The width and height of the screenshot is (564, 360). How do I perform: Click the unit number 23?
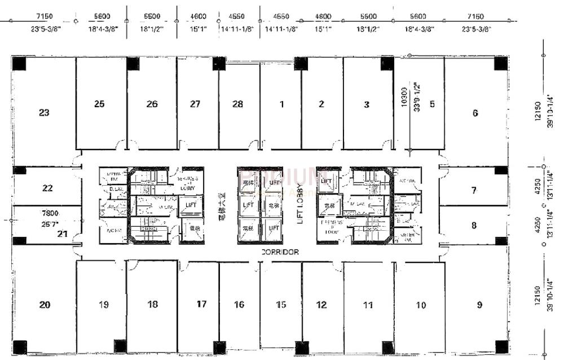tap(44, 113)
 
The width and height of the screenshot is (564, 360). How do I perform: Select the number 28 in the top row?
tap(237, 104)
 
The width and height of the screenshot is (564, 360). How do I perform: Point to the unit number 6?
tap(475, 113)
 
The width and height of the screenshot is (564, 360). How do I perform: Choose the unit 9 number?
tap(479, 305)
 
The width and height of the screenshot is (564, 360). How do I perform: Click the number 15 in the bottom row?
tap(281, 305)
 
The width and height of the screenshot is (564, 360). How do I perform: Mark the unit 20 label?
tap(45, 305)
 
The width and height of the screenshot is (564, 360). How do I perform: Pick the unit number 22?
tap(47, 188)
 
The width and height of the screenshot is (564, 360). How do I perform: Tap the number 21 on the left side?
tap(63, 234)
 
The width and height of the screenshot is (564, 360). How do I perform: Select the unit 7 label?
tap(474, 190)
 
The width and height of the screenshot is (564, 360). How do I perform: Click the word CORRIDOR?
tap(280, 252)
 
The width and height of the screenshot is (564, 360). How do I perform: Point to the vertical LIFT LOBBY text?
tap(301, 206)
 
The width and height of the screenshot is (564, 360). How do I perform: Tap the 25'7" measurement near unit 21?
tap(50, 224)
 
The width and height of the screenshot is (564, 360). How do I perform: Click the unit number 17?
tap(201, 304)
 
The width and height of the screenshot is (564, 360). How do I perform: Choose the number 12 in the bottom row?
tap(321, 305)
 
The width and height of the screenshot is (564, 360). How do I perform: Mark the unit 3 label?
tap(367, 104)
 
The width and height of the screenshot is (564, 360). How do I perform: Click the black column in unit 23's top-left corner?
tap(19, 63)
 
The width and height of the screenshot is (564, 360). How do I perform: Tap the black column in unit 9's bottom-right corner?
tap(501, 346)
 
